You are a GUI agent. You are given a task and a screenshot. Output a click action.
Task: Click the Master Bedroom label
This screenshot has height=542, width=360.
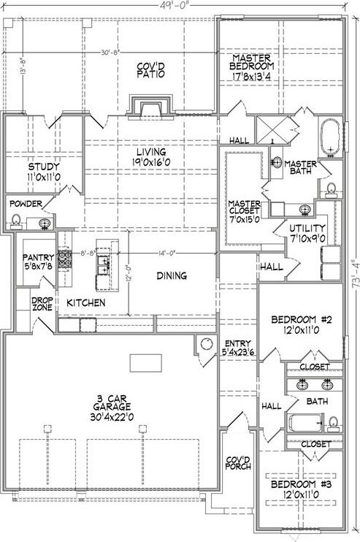tap(251, 62)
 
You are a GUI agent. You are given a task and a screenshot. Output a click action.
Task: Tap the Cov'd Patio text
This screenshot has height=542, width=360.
tap(150, 70)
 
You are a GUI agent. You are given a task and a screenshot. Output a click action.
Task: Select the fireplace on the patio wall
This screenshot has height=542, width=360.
tap(150, 107)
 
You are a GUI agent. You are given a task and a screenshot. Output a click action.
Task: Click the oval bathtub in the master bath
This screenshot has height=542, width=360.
tap(331, 138)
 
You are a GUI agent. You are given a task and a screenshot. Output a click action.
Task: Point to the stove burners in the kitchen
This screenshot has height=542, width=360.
tap(64, 259)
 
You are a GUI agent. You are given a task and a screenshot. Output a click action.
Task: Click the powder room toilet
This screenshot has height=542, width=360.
tap(15, 221)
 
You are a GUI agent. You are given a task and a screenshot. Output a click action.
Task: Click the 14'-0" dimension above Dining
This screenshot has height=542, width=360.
tap(166, 253)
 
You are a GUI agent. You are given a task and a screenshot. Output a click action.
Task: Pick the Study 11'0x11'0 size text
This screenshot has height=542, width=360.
tap(44, 178)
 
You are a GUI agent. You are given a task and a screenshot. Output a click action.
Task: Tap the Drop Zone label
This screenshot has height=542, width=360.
tap(42, 304)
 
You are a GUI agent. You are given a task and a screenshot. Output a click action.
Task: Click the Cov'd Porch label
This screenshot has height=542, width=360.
tap(238, 463)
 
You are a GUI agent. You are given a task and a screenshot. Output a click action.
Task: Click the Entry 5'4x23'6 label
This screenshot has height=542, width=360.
tap(237, 348)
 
